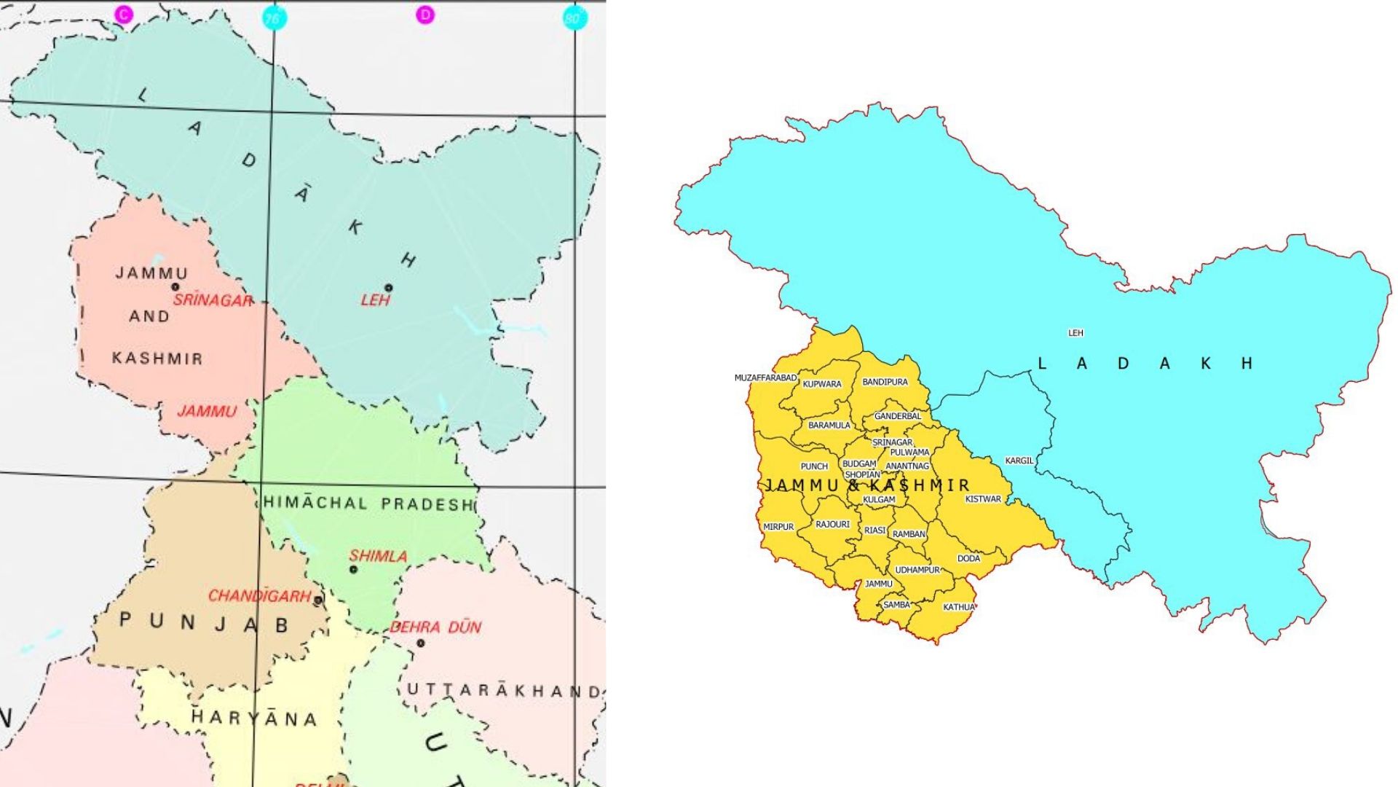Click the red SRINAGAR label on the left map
(x=213, y=300)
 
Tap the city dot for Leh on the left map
(x=389, y=288)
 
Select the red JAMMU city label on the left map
(x=207, y=412)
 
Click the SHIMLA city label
(x=377, y=556)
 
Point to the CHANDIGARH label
(x=259, y=596)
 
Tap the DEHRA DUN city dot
(x=420, y=643)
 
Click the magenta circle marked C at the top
(x=125, y=14)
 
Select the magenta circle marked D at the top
(x=425, y=15)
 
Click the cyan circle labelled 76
(x=274, y=18)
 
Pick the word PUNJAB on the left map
(x=205, y=623)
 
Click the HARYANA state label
(x=254, y=719)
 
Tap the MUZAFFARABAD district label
(x=765, y=378)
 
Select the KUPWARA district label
(x=821, y=384)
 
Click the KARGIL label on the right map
(x=1019, y=461)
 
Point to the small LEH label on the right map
(x=1075, y=333)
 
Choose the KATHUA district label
(x=958, y=607)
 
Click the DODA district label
(x=968, y=558)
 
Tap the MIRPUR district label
(x=778, y=527)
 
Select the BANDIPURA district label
(x=885, y=382)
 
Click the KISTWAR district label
(x=983, y=499)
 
